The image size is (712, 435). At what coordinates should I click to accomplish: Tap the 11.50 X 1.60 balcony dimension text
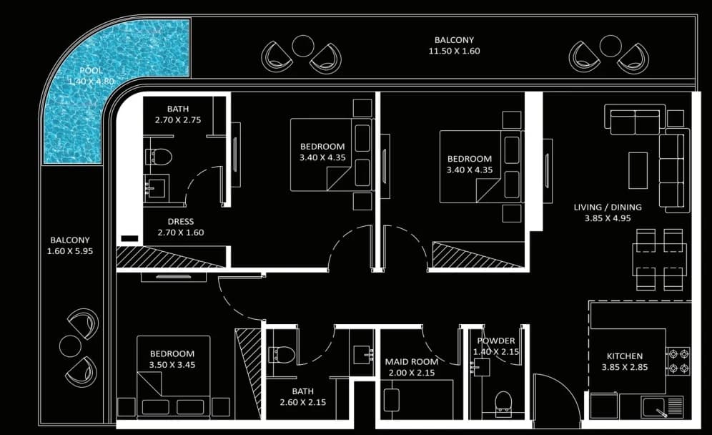tap(454, 51)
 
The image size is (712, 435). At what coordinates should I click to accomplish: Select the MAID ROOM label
tap(411, 362)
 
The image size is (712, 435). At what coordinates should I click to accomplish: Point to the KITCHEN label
tap(625, 356)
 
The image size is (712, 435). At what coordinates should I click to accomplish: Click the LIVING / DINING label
tap(608, 207)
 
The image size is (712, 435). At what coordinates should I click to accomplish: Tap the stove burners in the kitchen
tap(678, 361)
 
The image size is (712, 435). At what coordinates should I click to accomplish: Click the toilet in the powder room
tap(503, 403)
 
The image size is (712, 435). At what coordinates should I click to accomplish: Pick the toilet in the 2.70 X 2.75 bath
tap(159, 157)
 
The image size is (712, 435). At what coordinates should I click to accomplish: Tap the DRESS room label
tap(181, 221)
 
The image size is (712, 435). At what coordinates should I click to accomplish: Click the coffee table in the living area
tap(638, 170)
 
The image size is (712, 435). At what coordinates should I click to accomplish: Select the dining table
tap(659, 260)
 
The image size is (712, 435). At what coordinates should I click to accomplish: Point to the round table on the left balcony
tap(70, 346)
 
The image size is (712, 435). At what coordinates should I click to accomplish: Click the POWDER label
tap(496, 341)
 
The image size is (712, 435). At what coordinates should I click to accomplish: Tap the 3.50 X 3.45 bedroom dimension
tap(172, 365)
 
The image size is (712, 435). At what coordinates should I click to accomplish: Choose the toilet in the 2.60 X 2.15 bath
tap(282, 355)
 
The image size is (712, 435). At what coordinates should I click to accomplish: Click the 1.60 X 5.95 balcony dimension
tap(70, 251)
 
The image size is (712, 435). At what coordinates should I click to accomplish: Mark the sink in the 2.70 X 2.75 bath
tap(154, 187)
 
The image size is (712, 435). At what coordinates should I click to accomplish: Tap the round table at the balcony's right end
tap(610, 46)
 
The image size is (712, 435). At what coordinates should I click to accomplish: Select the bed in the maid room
tap(417, 400)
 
